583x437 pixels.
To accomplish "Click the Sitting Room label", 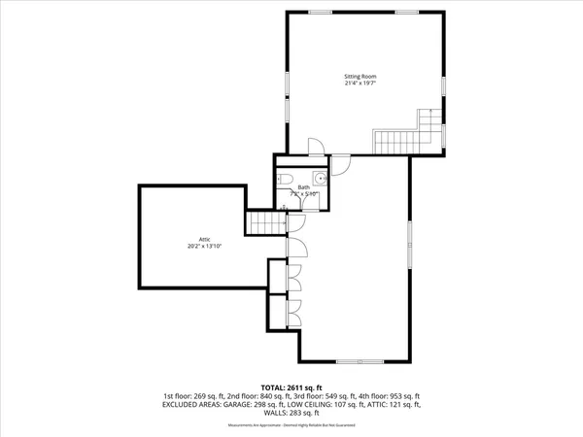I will click(x=360, y=76).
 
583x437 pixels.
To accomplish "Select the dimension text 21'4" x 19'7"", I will click(x=360, y=84).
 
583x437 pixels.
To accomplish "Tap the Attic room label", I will click(x=205, y=239).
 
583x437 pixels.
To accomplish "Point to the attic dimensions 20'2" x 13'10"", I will click(x=205, y=247).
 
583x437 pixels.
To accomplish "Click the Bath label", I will click(x=304, y=186).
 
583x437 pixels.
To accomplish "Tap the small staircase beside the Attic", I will click(x=264, y=224).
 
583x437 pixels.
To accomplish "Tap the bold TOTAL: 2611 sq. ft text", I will click(x=291, y=387).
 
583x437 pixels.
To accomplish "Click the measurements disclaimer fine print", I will click(x=291, y=426).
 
